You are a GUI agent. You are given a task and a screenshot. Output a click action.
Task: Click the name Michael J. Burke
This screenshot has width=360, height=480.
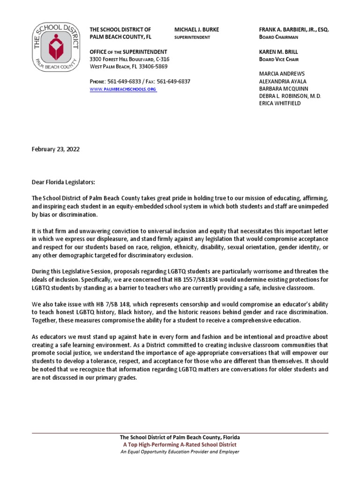[196, 30]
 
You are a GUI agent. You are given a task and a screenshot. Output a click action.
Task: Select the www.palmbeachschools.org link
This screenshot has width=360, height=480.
[123, 89]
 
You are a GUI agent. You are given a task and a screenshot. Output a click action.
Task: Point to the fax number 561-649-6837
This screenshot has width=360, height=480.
[173, 81]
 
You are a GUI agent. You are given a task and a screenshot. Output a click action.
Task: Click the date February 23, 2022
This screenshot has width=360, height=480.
[55, 150]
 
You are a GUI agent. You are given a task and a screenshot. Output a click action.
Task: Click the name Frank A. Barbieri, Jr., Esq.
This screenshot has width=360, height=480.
[294, 30]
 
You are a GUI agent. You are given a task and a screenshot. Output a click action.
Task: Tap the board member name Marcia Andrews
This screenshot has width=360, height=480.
[282, 74]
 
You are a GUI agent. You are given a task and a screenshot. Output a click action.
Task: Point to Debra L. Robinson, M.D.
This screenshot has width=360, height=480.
[290, 96]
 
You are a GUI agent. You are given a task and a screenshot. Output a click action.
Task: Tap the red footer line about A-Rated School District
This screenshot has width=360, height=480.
[180, 444]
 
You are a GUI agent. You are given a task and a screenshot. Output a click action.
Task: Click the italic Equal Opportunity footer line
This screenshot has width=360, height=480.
[180, 452]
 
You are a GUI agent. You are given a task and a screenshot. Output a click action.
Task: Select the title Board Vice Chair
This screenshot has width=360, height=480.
[279, 60]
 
